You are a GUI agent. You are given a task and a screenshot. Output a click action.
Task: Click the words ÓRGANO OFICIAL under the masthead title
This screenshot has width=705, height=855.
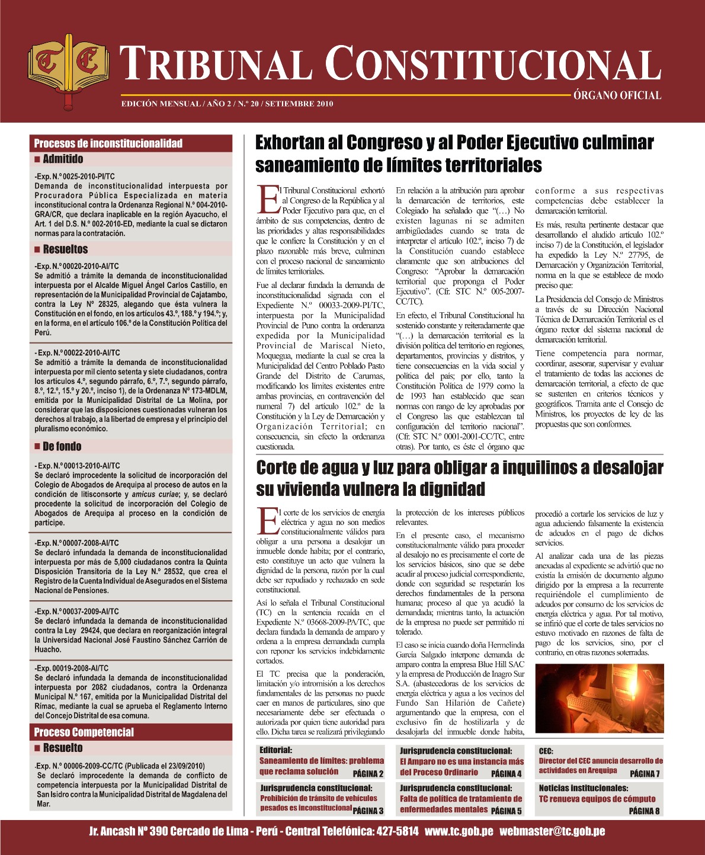[x=617, y=95]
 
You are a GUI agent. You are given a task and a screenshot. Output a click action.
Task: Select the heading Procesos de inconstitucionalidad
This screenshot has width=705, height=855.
[x=108, y=143]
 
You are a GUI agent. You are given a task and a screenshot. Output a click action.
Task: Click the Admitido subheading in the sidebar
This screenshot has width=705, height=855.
[x=63, y=159]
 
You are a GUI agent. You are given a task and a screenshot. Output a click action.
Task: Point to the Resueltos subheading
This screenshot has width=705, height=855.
[x=65, y=249]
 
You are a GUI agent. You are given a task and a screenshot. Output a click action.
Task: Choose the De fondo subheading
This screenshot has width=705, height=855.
[x=62, y=447]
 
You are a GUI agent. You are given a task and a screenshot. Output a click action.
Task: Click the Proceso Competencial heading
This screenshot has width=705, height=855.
[x=84, y=732]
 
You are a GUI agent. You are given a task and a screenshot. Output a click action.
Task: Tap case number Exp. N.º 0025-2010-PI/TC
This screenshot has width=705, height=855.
[x=75, y=177]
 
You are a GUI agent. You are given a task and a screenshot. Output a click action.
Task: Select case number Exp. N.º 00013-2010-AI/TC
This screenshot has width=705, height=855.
[x=78, y=466]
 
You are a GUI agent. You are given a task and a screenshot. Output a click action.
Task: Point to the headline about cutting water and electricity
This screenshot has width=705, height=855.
[x=459, y=478]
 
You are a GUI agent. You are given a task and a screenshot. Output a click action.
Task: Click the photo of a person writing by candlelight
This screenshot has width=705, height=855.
[x=599, y=698]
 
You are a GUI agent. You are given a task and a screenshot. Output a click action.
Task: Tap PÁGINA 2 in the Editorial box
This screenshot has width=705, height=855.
[x=368, y=774]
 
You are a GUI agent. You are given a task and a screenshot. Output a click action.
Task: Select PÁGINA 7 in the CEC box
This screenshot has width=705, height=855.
[x=645, y=773]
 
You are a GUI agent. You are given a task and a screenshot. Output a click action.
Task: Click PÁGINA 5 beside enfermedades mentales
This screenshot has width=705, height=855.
[x=506, y=811]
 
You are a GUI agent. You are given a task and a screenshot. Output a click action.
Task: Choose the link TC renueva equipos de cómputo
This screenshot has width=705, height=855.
[x=597, y=799]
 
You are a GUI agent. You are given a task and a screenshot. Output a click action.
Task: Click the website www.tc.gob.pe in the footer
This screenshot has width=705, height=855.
[x=459, y=831]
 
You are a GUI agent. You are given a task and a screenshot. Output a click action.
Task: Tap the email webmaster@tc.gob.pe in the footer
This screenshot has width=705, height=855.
[x=552, y=831]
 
